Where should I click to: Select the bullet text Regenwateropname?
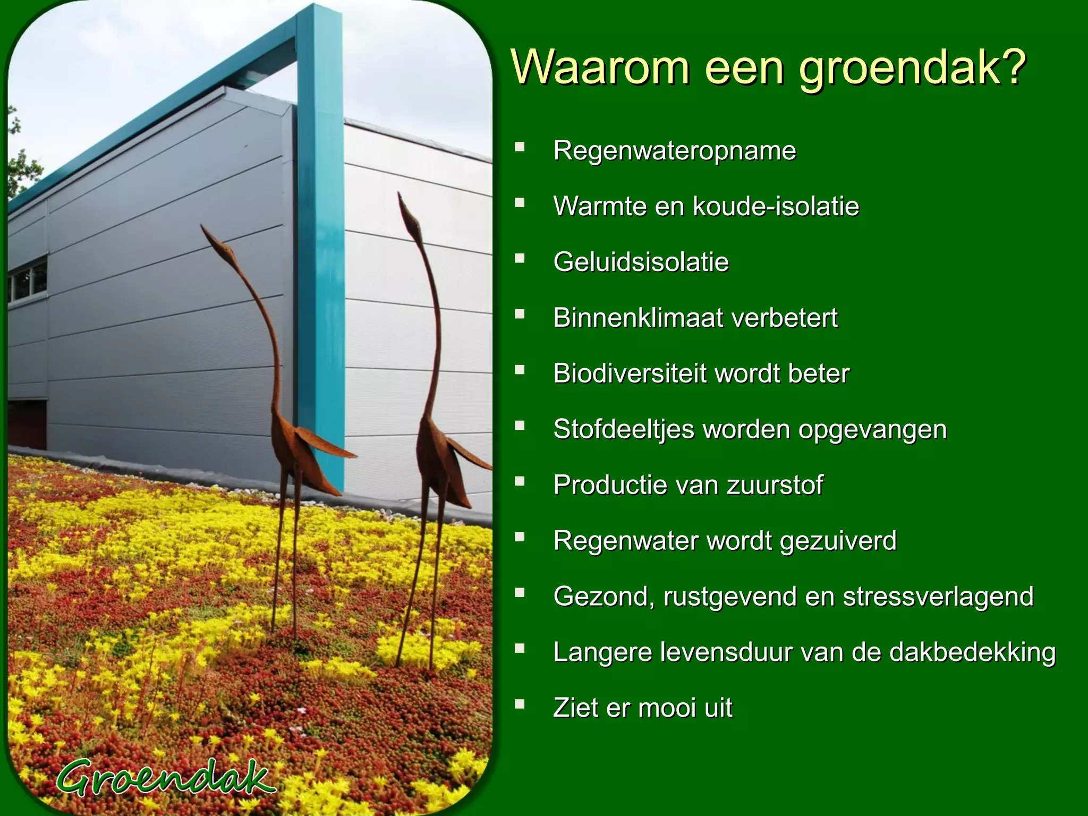[674, 151]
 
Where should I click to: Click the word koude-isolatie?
[776, 207]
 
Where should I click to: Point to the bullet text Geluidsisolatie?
[641, 262]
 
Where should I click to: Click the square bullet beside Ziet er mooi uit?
[520, 704]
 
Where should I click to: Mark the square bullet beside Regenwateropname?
[520, 147]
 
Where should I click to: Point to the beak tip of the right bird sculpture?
[399, 194]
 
